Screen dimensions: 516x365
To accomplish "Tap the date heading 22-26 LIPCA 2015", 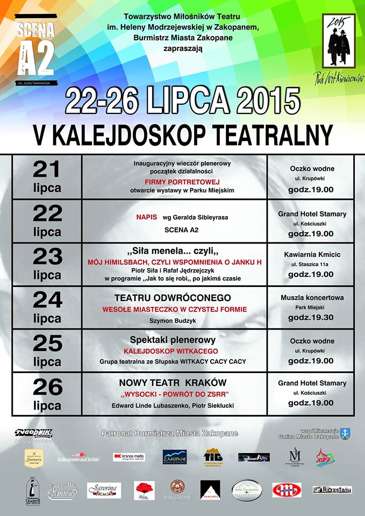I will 182,101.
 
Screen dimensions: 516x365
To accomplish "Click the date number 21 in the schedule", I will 47,170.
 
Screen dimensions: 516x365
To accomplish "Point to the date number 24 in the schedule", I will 47,300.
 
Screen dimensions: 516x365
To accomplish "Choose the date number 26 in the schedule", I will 47,387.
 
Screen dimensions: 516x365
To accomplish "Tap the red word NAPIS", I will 146,217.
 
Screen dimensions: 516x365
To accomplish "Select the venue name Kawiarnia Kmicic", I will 312,254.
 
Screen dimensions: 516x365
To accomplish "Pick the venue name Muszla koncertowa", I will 312,297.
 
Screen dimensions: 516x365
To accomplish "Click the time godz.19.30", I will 312,317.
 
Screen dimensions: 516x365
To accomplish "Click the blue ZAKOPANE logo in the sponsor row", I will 175,457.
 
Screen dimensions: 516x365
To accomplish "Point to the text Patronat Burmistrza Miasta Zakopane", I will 169,433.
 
